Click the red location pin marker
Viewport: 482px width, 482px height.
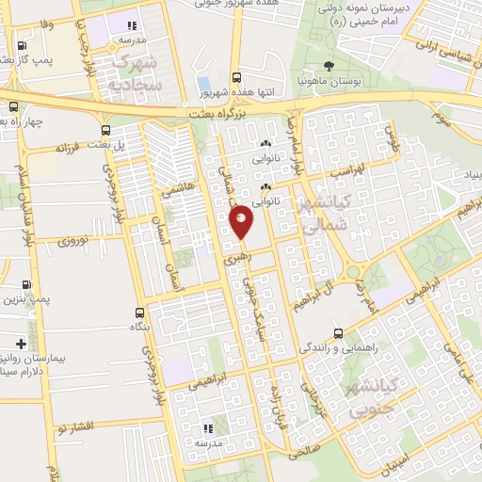pos(242,222)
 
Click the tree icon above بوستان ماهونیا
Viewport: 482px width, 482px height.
pos(328,66)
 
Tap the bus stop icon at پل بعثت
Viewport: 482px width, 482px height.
pos(104,130)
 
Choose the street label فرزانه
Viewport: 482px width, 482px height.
pos(71,148)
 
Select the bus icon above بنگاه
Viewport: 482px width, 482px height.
pos(140,312)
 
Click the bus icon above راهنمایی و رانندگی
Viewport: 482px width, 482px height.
pos(338,333)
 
